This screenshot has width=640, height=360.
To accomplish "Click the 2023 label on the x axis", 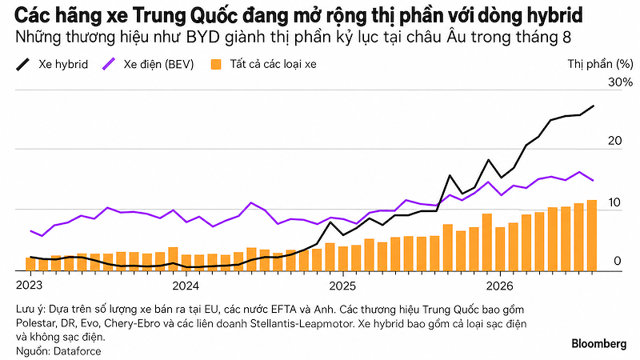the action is [29, 286].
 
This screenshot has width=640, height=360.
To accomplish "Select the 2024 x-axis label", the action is [186, 286].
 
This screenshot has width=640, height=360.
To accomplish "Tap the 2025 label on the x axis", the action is [342, 286].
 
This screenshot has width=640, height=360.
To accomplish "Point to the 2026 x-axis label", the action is [499, 286].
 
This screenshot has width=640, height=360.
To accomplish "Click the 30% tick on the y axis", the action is [621, 82].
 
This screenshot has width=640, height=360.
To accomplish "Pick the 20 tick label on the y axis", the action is [614, 141].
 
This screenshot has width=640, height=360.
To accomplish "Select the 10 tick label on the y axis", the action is [614, 202].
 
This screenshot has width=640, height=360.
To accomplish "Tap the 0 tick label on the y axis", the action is [617, 261].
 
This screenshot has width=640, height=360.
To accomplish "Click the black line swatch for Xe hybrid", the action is [23, 65].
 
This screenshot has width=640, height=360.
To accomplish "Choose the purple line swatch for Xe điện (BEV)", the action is [109, 65].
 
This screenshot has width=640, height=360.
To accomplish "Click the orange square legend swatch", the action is [216, 65].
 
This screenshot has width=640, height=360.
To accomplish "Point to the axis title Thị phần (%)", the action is [601, 64].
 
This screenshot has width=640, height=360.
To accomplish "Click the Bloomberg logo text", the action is [599, 344].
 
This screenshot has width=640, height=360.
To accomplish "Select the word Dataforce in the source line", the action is [77, 351].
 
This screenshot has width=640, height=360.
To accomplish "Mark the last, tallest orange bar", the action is [592, 235].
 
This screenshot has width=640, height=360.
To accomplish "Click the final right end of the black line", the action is [594, 106].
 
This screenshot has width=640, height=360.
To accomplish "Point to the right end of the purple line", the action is [593, 180].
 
